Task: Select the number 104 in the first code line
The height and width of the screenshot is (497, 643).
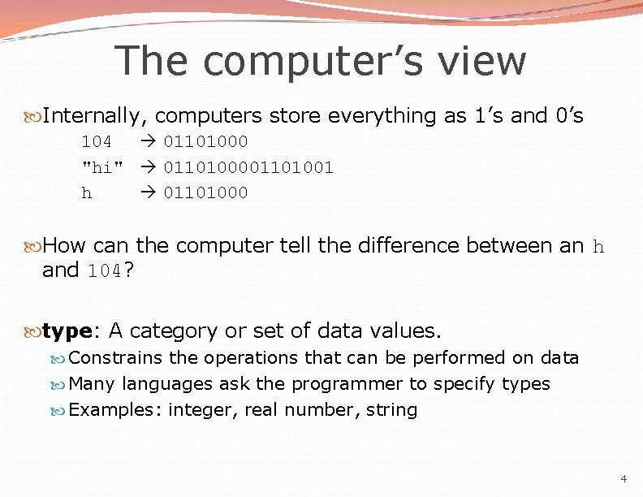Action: coord(97,142)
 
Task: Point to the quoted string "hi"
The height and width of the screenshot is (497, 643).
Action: coord(102,167)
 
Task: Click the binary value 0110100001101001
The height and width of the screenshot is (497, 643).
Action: coord(248,167)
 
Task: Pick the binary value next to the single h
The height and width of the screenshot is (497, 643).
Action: coord(206,192)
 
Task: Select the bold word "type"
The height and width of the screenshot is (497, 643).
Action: coord(67,331)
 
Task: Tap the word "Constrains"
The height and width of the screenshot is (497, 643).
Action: coord(116,358)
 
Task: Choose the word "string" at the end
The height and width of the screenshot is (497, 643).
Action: coord(391,410)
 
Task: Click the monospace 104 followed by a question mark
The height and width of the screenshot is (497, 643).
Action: coord(105,271)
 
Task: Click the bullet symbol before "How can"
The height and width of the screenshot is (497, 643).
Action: coord(33,246)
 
